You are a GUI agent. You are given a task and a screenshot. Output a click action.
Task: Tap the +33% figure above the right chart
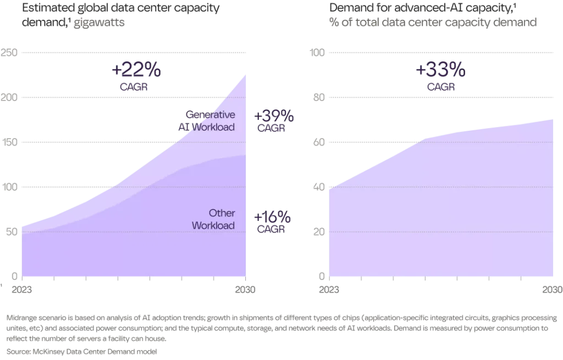(440, 71)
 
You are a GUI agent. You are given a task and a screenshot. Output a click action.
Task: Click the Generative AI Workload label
(207, 121)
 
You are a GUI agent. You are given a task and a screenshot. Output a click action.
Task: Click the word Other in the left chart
(222, 213)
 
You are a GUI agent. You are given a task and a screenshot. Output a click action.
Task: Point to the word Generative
(211, 115)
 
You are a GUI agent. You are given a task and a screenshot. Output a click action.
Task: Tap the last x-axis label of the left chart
(245, 290)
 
